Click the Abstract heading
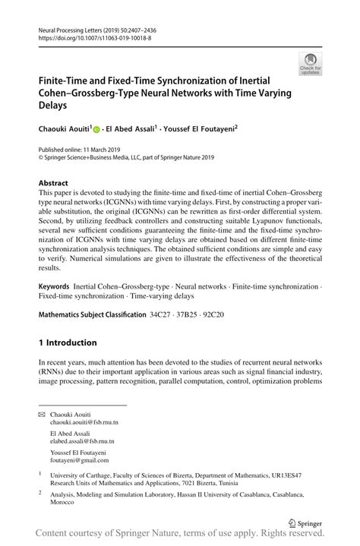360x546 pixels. [x=53, y=183]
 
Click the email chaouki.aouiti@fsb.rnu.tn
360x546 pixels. [x=84, y=421]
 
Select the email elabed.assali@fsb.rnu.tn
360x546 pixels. [x=83, y=441]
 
